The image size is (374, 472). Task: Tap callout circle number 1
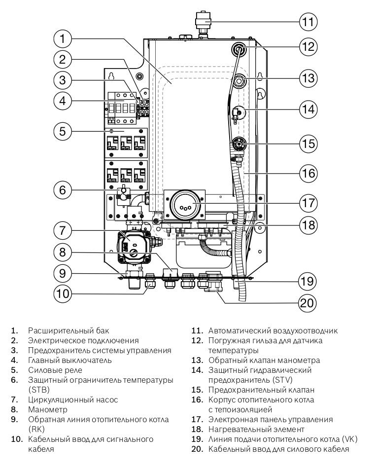(x=63, y=37)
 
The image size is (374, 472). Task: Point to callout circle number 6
(x=63, y=190)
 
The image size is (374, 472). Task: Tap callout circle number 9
(x=63, y=272)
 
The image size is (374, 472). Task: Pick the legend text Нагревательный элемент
(x=249, y=429)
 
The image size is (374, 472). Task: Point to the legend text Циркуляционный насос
(x=66, y=399)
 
